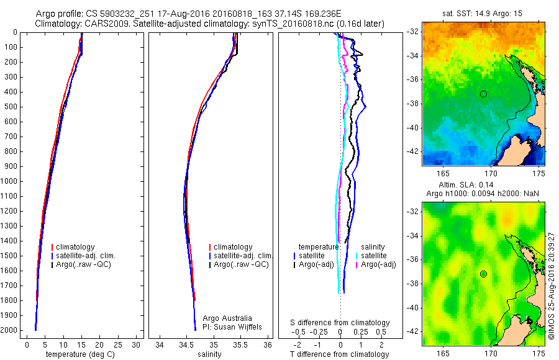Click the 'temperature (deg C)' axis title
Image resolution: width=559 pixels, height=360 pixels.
click(81, 354)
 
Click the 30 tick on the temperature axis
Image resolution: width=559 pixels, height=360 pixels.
click(137, 344)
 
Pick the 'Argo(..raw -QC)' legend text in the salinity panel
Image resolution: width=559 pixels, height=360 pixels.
click(241, 265)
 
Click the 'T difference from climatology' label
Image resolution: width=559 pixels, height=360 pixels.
click(340, 354)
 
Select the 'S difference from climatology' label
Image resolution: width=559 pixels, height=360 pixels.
click(340, 323)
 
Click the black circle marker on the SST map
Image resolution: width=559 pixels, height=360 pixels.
click(483, 94)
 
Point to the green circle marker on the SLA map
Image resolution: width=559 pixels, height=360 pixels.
click(483, 274)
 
